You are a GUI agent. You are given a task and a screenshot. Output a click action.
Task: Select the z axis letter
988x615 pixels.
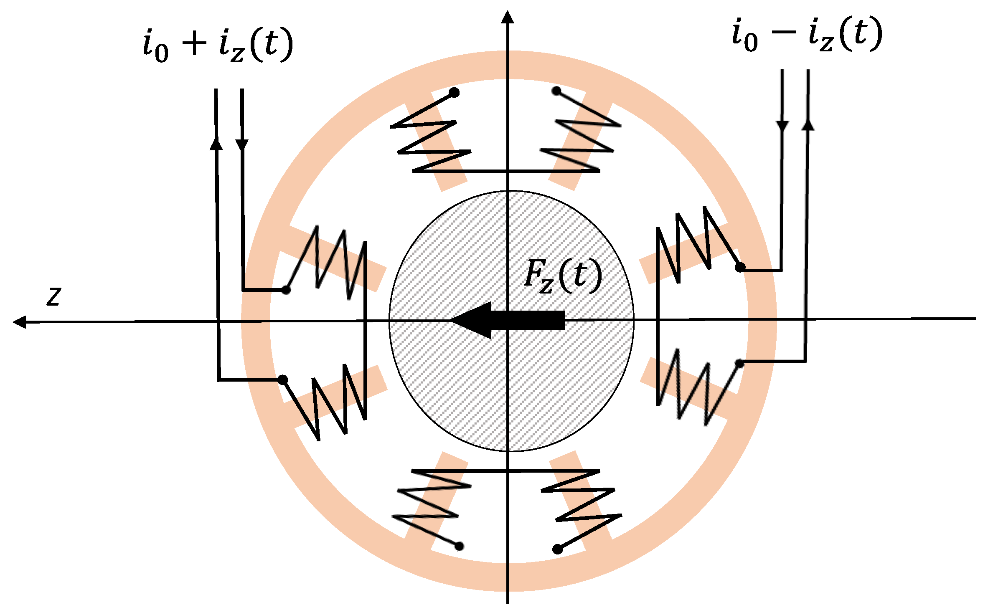click(54, 296)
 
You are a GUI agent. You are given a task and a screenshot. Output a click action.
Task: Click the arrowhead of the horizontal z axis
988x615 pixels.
click(19, 322)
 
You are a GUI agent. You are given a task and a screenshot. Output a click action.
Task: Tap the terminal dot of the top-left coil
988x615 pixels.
click(455, 92)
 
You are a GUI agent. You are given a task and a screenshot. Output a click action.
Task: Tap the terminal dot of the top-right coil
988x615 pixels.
click(556, 91)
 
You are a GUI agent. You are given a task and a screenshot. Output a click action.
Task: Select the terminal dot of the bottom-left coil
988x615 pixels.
click(459, 546)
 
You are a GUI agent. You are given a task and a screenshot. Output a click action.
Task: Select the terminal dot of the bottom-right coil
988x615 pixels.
click(557, 549)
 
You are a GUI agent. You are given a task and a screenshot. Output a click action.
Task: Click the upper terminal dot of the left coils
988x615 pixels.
click(286, 289)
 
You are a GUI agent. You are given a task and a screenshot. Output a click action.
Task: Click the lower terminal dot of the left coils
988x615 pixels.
click(283, 380)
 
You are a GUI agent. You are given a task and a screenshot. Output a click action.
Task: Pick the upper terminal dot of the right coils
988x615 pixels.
click(740, 267)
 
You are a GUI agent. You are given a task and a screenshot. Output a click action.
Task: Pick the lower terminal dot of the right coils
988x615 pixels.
click(739, 364)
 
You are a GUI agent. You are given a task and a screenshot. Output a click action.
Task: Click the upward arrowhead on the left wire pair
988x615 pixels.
click(216, 143)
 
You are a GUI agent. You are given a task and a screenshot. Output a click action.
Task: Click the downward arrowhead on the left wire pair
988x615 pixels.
click(242, 144)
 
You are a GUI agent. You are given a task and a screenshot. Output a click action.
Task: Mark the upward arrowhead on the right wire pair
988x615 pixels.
click(808, 124)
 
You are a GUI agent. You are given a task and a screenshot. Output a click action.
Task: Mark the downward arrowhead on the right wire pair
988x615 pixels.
click(782, 125)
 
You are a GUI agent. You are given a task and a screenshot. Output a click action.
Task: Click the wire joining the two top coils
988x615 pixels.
click(507, 171)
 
